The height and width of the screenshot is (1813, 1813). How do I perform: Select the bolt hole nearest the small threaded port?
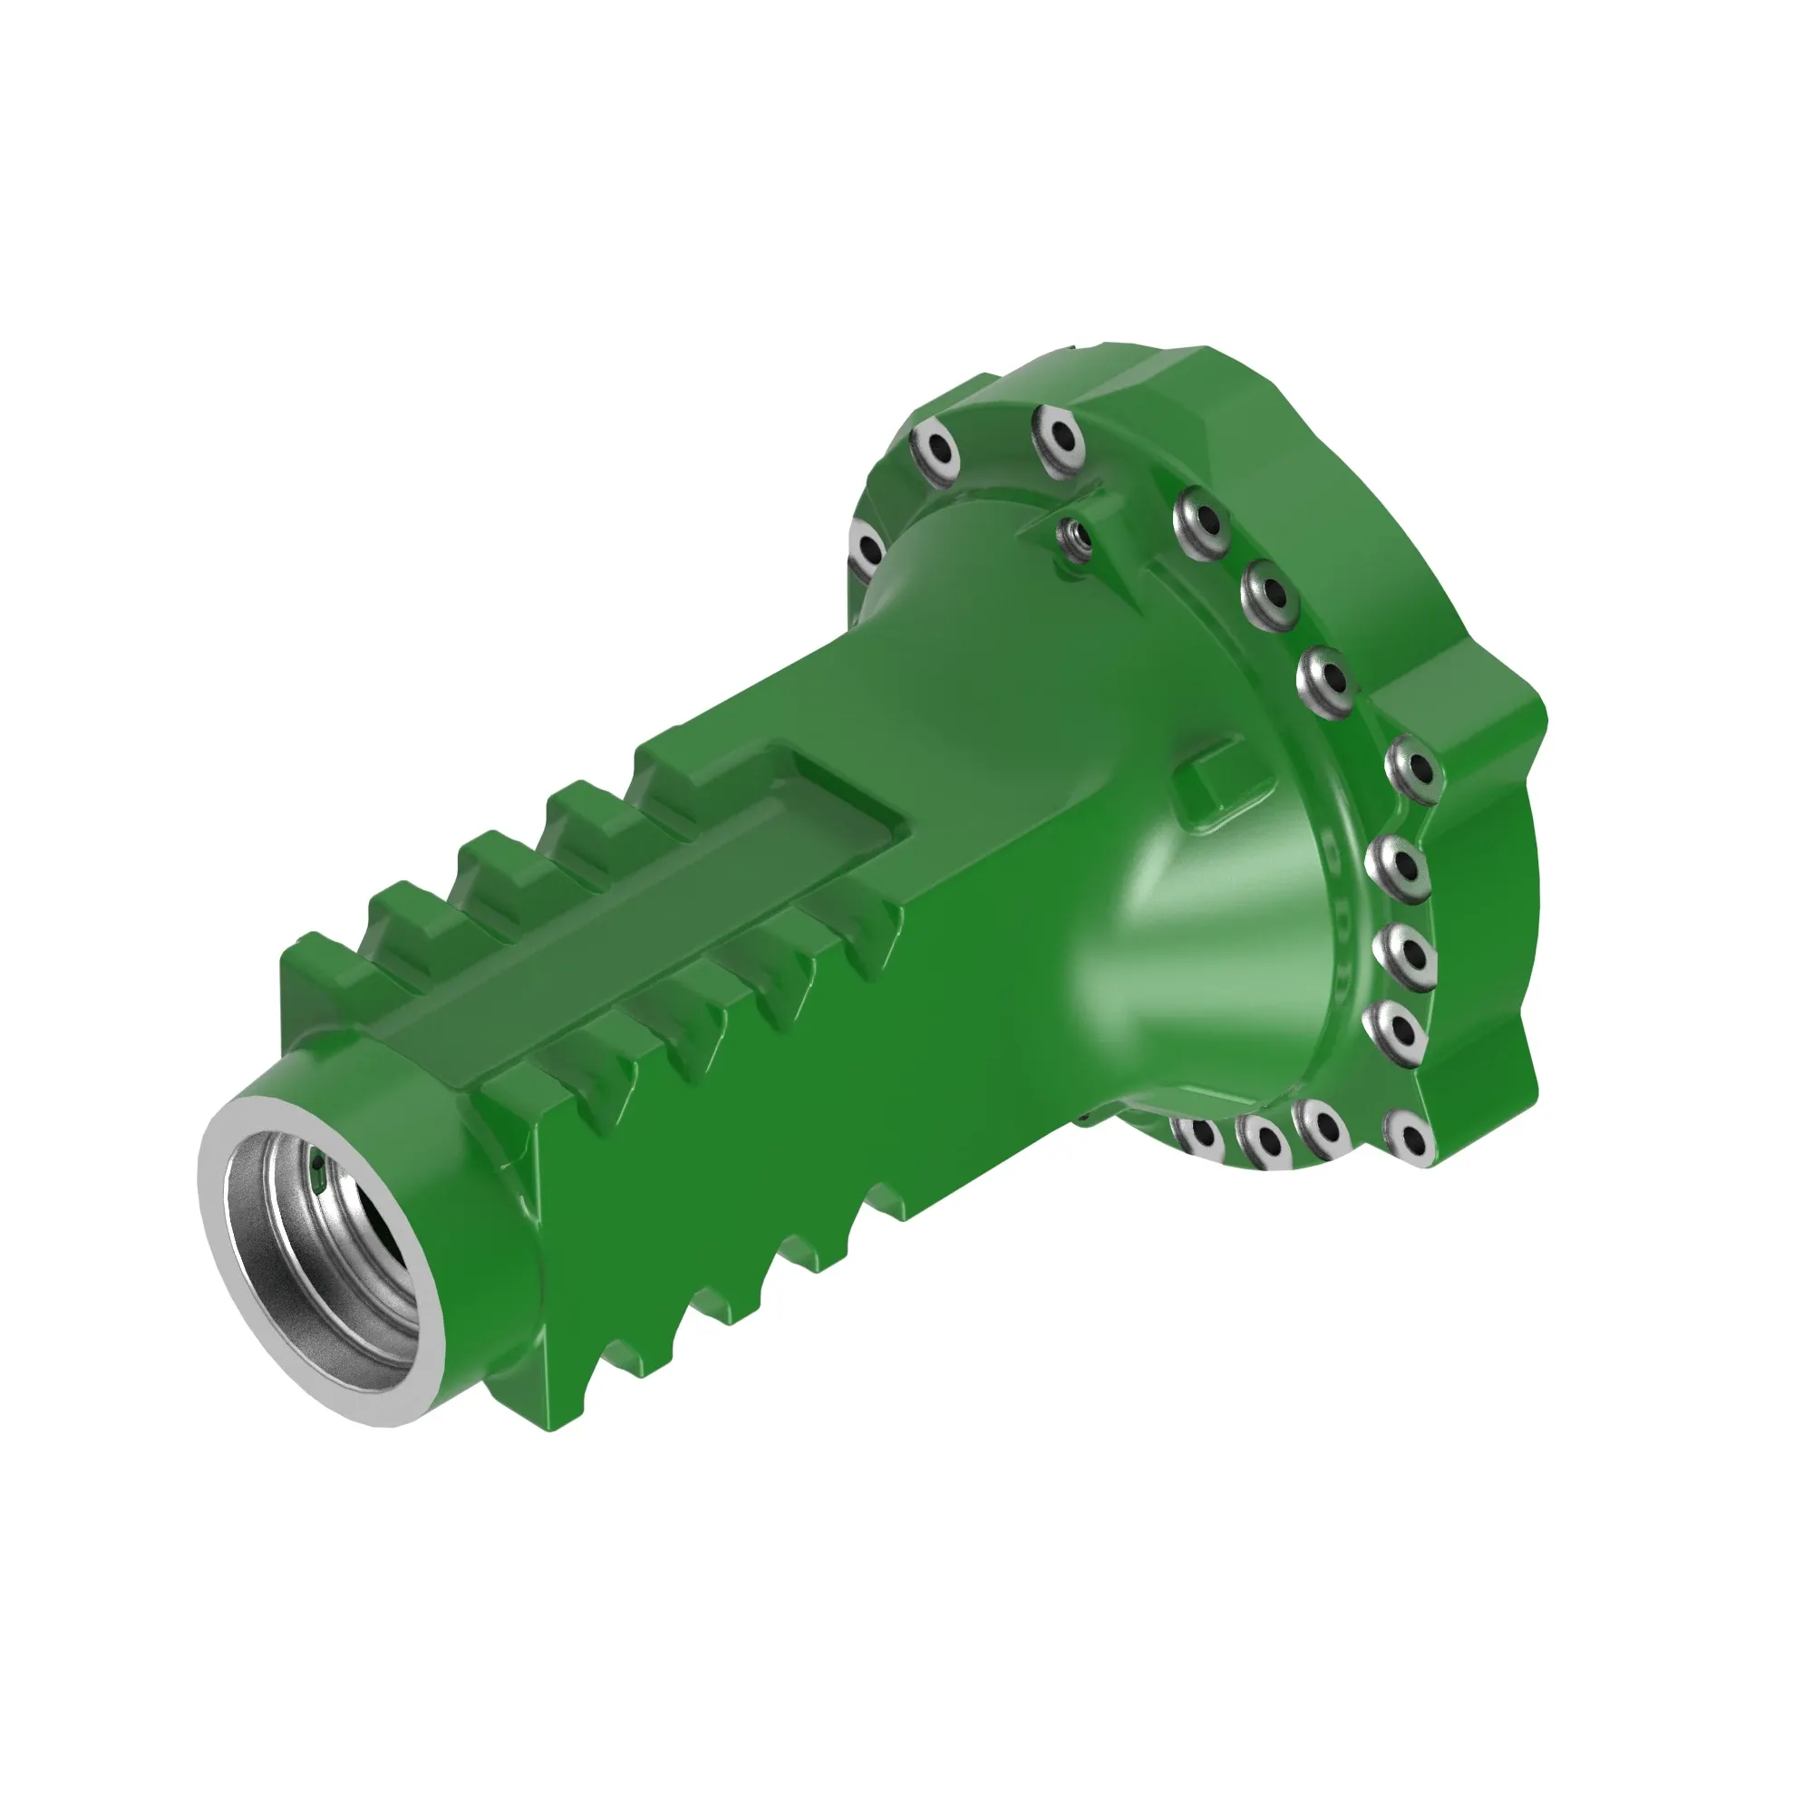pos(1205,519)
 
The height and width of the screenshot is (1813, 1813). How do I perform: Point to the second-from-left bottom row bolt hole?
pos(1263,1141)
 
